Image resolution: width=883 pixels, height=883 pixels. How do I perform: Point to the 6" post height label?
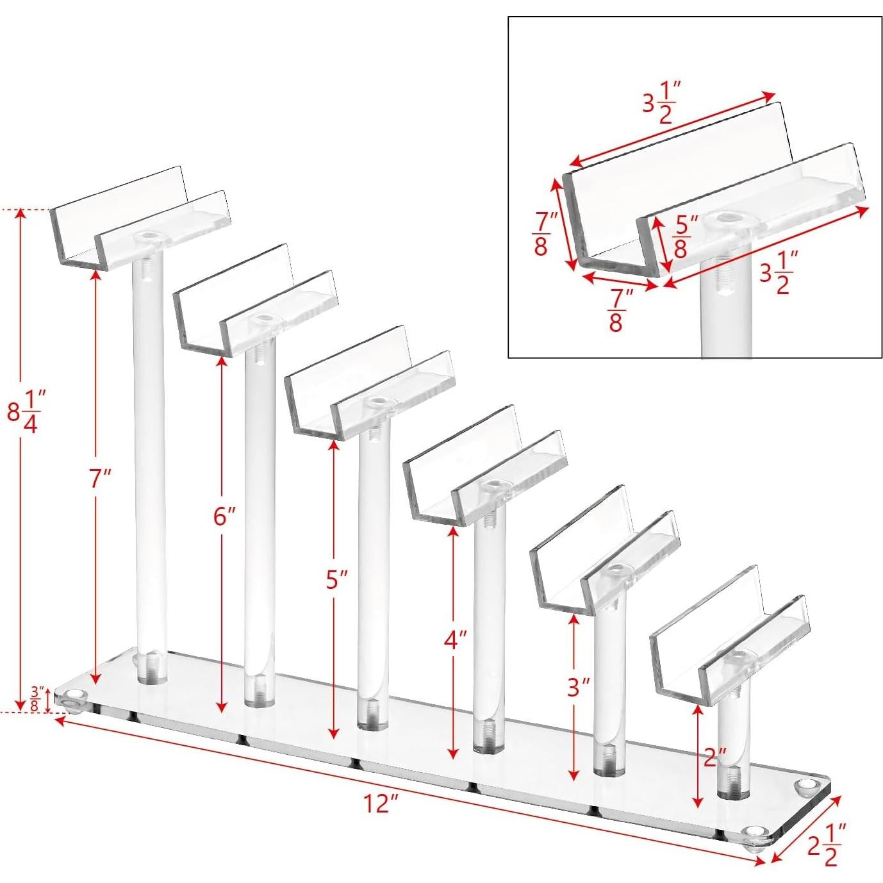click(224, 516)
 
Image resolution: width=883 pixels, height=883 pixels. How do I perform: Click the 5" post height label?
click(336, 580)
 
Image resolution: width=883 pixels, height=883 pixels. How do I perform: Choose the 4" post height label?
click(456, 640)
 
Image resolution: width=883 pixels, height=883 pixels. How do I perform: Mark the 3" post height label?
click(578, 688)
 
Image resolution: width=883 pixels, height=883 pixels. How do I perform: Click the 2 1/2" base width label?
click(827, 845)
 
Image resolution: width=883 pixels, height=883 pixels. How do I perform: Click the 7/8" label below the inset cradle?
click(615, 310)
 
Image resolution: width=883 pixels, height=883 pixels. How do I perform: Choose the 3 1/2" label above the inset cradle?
click(661, 103)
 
